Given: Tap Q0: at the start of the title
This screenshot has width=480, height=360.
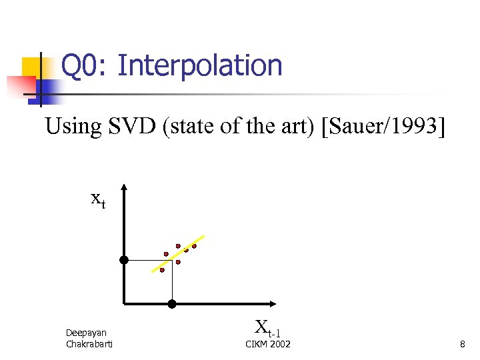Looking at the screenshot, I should click(85, 66).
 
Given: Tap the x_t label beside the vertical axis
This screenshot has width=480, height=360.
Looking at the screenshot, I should click(97, 199).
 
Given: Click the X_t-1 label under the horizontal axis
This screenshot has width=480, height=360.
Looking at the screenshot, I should click(267, 327).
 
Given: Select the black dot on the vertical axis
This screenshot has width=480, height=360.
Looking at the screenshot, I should click(124, 259).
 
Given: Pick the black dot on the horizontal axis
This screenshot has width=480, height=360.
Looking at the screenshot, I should click(171, 304).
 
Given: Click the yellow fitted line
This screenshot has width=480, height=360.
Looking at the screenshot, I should click(179, 253).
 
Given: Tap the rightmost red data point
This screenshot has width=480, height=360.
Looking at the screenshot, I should click(194, 246).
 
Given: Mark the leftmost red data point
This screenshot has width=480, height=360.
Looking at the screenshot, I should click(162, 270).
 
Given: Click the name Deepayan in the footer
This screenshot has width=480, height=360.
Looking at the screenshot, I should click(86, 333).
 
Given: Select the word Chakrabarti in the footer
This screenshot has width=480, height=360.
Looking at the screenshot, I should click(89, 344).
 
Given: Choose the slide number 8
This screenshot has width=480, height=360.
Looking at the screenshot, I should click(462, 344).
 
